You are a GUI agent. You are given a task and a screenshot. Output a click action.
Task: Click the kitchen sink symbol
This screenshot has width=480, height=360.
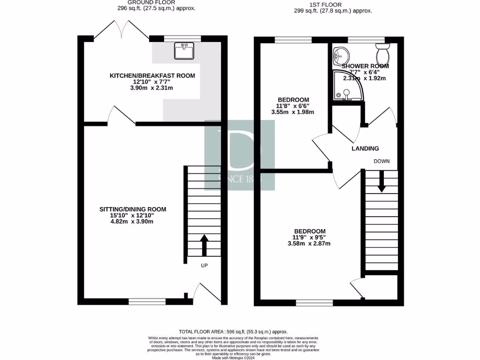(x=184, y=51)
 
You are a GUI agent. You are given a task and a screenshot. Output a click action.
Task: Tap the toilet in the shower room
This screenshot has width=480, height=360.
(x=382, y=52)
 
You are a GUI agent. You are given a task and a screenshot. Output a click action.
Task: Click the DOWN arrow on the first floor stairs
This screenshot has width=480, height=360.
(x=382, y=181)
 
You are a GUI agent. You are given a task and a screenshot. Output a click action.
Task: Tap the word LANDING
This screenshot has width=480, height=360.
(x=365, y=149)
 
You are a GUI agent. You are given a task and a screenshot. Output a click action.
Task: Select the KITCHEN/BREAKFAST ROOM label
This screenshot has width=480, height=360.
(x=152, y=75)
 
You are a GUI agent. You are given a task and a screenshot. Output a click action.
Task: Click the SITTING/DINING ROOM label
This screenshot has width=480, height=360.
(x=133, y=209)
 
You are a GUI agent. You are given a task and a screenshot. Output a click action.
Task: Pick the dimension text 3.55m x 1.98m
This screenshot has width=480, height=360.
(x=292, y=112)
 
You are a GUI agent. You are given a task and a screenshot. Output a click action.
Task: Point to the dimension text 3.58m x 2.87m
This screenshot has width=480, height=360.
(x=309, y=244)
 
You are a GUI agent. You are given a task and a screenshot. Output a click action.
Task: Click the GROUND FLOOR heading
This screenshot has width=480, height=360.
(x=156, y=3)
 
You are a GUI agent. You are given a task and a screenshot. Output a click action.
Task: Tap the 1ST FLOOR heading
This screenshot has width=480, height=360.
(x=333, y=5)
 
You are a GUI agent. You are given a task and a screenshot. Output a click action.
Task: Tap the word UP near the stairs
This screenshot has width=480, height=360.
(x=204, y=265)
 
